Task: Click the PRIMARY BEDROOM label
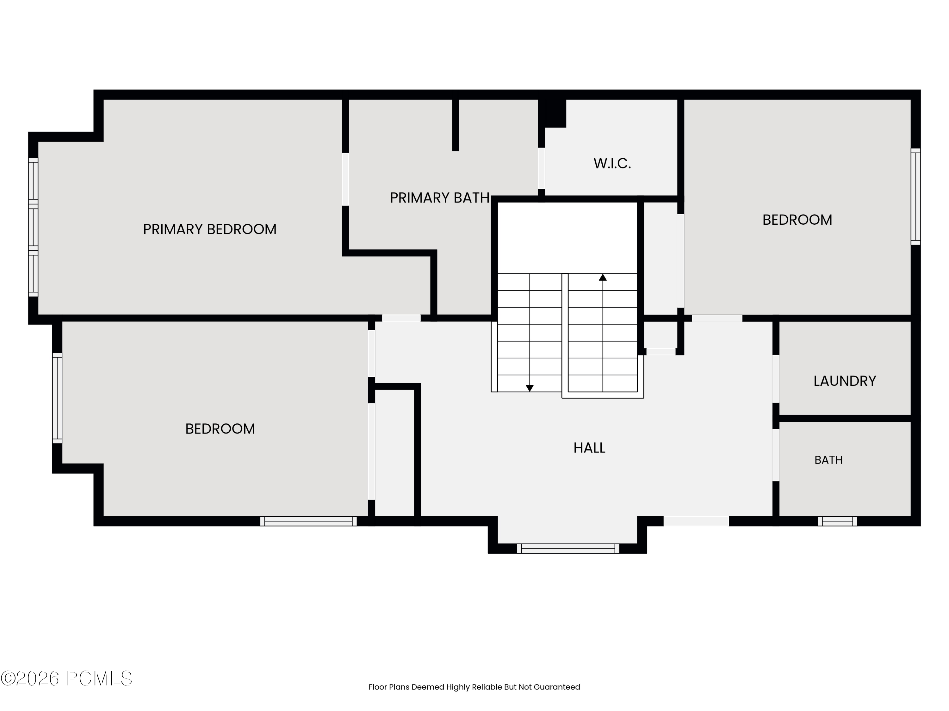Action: [210, 229]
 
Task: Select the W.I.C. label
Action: [612, 163]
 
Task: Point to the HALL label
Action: [589, 448]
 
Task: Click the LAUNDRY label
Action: [845, 381]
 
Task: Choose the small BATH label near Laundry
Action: [828, 460]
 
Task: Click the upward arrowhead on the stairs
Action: [603, 277]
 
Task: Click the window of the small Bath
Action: [837, 521]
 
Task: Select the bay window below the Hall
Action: [568, 549]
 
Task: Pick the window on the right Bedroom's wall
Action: [915, 197]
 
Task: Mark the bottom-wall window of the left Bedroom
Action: [308, 521]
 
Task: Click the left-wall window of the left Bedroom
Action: [57, 398]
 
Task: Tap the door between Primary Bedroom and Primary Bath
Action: [345, 179]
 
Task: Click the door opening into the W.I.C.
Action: [542, 168]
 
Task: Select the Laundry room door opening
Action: [776, 379]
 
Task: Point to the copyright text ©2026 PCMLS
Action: [66, 679]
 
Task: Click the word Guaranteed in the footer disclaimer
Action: [557, 687]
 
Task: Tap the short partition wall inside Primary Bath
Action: [456, 125]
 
